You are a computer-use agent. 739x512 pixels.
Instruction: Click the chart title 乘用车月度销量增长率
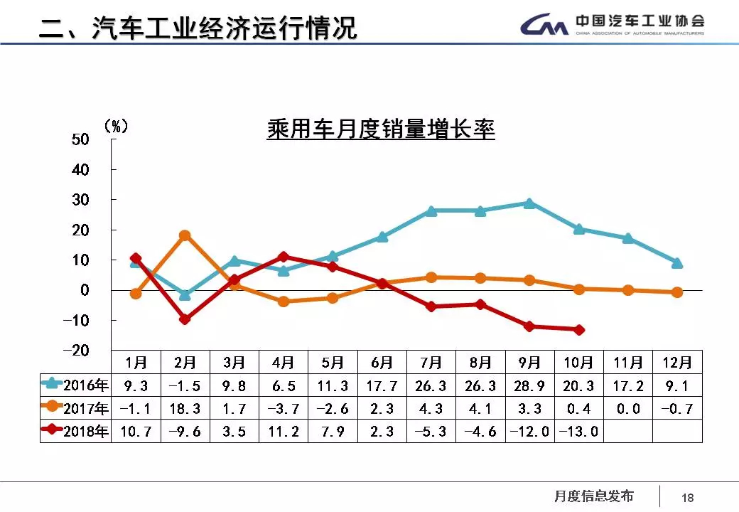[x=380, y=130]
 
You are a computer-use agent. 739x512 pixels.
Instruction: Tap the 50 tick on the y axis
[x=80, y=139]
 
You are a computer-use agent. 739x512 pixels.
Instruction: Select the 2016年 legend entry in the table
[x=75, y=386]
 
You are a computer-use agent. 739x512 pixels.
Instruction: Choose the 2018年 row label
[x=75, y=432]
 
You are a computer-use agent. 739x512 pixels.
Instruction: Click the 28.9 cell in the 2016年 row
[x=529, y=386]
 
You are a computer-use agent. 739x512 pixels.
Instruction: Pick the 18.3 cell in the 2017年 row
[x=185, y=409]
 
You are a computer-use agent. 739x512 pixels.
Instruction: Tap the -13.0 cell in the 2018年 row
[x=578, y=432]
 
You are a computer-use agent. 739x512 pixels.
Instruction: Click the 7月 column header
[x=431, y=363]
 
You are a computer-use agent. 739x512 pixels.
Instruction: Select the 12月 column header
[x=676, y=363]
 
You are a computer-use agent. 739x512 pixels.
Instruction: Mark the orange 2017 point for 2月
[x=185, y=235]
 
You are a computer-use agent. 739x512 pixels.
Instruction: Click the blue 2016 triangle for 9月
[x=529, y=203]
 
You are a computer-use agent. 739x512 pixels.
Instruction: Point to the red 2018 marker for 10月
[x=579, y=330]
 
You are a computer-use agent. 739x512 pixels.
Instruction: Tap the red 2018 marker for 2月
[x=185, y=319]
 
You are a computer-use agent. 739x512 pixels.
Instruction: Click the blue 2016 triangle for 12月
[x=677, y=263]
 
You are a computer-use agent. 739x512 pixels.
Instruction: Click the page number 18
[x=688, y=498]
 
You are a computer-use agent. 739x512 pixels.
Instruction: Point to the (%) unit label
[x=116, y=126]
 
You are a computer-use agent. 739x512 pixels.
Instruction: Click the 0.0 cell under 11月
[x=627, y=409]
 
